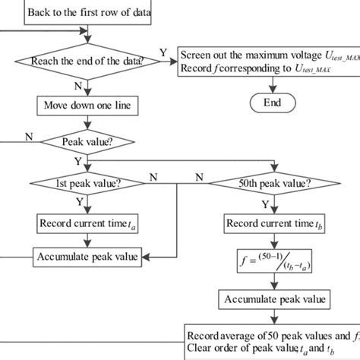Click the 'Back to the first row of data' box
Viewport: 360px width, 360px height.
90,13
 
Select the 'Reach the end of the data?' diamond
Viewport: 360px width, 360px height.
90,62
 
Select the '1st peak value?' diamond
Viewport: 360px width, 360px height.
89,185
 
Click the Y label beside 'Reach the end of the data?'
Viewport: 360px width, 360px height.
163,52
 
